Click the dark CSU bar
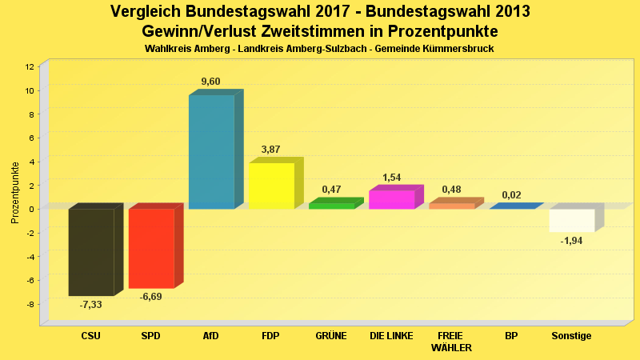click(x=91, y=252)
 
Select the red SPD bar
click(x=151, y=248)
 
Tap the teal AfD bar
click(x=211, y=152)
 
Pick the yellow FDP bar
click(x=271, y=186)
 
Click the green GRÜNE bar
click(x=331, y=206)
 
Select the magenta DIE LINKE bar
click(x=391, y=199)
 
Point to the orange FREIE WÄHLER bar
click(x=451, y=206)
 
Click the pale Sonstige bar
click(x=571, y=220)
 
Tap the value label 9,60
click(x=210, y=82)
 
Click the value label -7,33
click(x=90, y=305)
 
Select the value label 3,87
click(x=270, y=150)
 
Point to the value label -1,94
click(x=571, y=241)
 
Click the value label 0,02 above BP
click(x=511, y=195)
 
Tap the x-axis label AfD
click(x=210, y=336)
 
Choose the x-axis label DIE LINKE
click(x=391, y=336)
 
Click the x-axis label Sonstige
click(x=571, y=336)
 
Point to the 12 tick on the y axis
click(x=30, y=67)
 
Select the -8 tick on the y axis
click(x=30, y=305)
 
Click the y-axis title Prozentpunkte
click(x=14, y=192)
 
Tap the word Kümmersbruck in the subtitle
click(x=454, y=49)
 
